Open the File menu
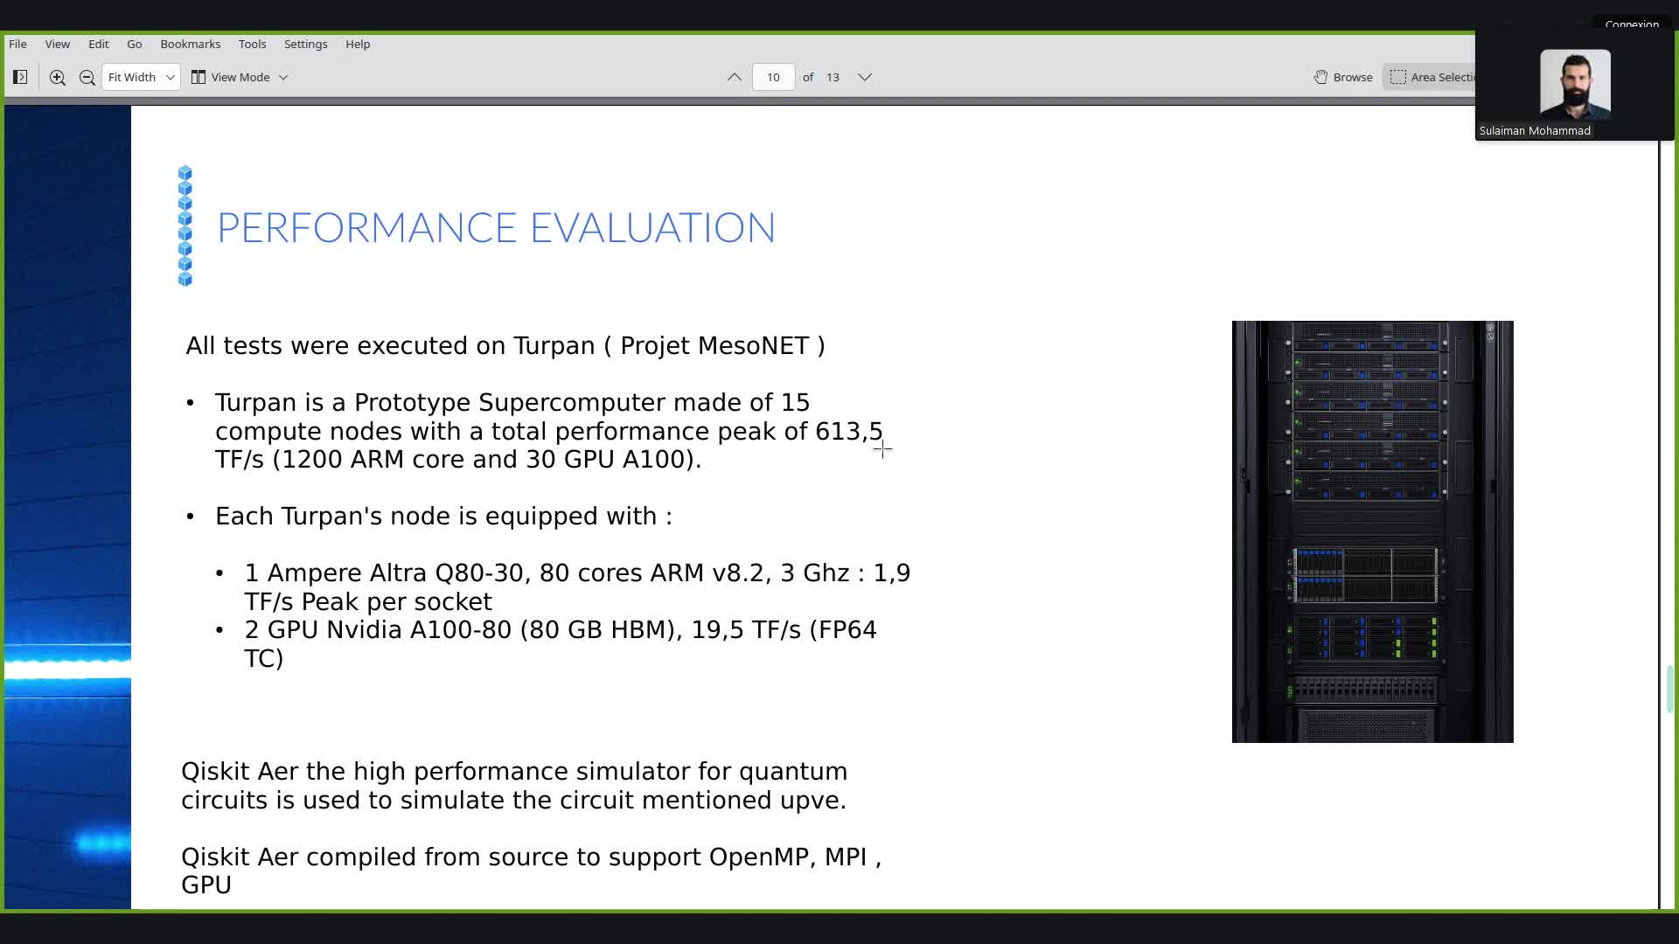[x=17, y=44]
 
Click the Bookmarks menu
[x=190, y=44]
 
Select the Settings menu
[x=305, y=44]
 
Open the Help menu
[x=358, y=44]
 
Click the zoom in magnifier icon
[x=58, y=77]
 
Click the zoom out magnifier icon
[x=87, y=77]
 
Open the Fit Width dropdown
[x=141, y=77]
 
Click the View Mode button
[x=240, y=77]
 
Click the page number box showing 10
[x=773, y=77]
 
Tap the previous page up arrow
[x=735, y=77]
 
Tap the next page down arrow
[x=865, y=77]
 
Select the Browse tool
[x=1343, y=77]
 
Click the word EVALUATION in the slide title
[x=652, y=227]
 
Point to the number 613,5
[x=849, y=432]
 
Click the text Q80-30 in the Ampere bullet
[x=482, y=573]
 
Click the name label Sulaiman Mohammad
[x=1535, y=131]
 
